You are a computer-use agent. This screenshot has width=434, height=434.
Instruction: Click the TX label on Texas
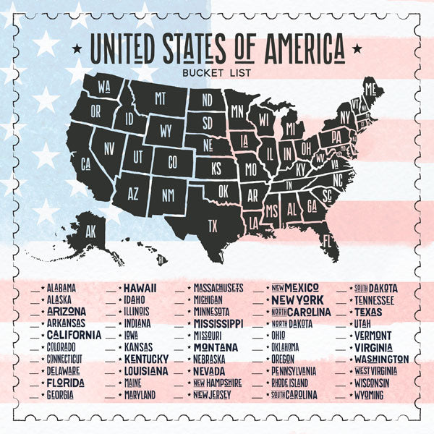[x=213, y=226]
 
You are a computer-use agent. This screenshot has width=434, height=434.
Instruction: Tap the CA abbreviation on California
[x=85, y=164]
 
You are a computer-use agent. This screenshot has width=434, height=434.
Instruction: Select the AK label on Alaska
[x=90, y=233]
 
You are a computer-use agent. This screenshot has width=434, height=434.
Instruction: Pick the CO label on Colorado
[x=172, y=162]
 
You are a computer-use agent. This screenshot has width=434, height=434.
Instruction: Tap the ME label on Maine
[x=371, y=90]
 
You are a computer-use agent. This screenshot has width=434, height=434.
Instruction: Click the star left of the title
[x=77, y=49]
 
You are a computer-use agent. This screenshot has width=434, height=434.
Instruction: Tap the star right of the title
[x=355, y=49]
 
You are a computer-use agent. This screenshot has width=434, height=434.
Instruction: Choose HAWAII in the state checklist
[x=141, y=288]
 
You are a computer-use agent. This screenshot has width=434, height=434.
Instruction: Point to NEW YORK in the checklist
[x=298, y=299]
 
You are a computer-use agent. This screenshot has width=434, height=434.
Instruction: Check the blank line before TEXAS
[x=341, y=312]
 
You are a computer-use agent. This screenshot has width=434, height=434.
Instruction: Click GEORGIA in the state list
[x=60, y=396]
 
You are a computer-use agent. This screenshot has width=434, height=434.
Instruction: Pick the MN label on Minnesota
[x=237, y=112]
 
